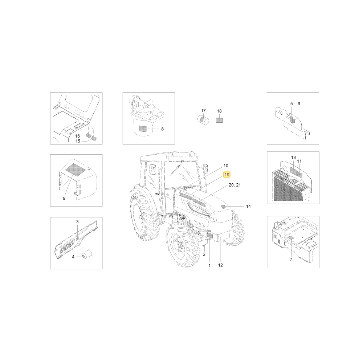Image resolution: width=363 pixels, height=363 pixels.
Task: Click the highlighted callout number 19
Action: pyautogui.click(x=227, y=175)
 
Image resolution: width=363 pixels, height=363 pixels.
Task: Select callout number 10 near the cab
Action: pyautogui.click(x=226, y=166)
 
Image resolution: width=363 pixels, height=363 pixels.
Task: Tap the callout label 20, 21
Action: pyautogui.click(x=234, y=185)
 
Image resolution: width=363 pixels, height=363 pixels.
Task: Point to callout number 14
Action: pyautogui.click(x=248, y=206)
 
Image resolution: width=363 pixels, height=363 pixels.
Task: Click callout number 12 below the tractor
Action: pyautogui.click(x=220, y=265)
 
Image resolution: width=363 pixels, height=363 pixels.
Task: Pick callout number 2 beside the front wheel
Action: pyautogui.click(x=204, y=254)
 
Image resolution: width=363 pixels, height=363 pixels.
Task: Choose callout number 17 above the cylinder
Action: pyautogui.click(x=203, y=111)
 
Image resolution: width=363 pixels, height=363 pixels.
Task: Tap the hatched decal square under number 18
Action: pyautogui.click(x=219, y=120)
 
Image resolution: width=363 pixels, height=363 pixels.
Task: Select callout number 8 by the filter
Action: pyautogui.click(x=162, y=129)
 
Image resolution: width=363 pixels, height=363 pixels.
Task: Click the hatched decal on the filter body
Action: pyautogui.click(x=143, y=129)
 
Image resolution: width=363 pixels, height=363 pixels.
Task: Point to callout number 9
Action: pyautogui.click(x=64, y=198)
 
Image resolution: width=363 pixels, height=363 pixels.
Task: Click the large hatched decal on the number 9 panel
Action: pyautogui.click(x=76, y=171)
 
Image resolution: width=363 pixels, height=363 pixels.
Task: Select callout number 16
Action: pyautogui.click(x=78, y=136)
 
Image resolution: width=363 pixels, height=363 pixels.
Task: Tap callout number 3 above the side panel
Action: pyautogui.click(x=77, y=221)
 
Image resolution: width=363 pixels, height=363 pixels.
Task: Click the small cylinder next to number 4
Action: pyautogui.click(x=87, y=254)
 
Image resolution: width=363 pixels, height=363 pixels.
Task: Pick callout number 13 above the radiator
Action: pyautogui.click(x=293, y=158)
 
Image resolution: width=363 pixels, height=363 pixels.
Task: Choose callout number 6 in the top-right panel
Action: pyautogui.click(x=299, y=104)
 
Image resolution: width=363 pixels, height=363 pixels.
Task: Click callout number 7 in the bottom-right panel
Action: pyautogui.click(x=291, y=260)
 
